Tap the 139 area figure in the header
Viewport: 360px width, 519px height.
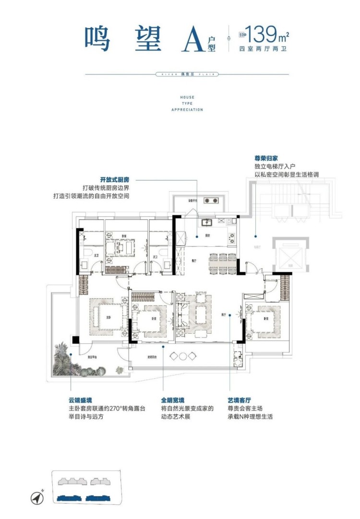[x=262, y=34]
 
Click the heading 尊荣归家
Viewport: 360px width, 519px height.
[x=266, y=157]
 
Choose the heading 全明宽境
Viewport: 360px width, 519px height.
[x=173, y=400]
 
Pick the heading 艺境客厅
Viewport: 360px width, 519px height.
[x=240, y=400]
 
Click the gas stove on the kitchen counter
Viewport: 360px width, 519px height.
[x=231, y=236]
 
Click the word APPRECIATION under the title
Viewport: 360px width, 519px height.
[x=187, y=109]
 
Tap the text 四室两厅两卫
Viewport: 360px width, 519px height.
[x=262, y=49]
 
